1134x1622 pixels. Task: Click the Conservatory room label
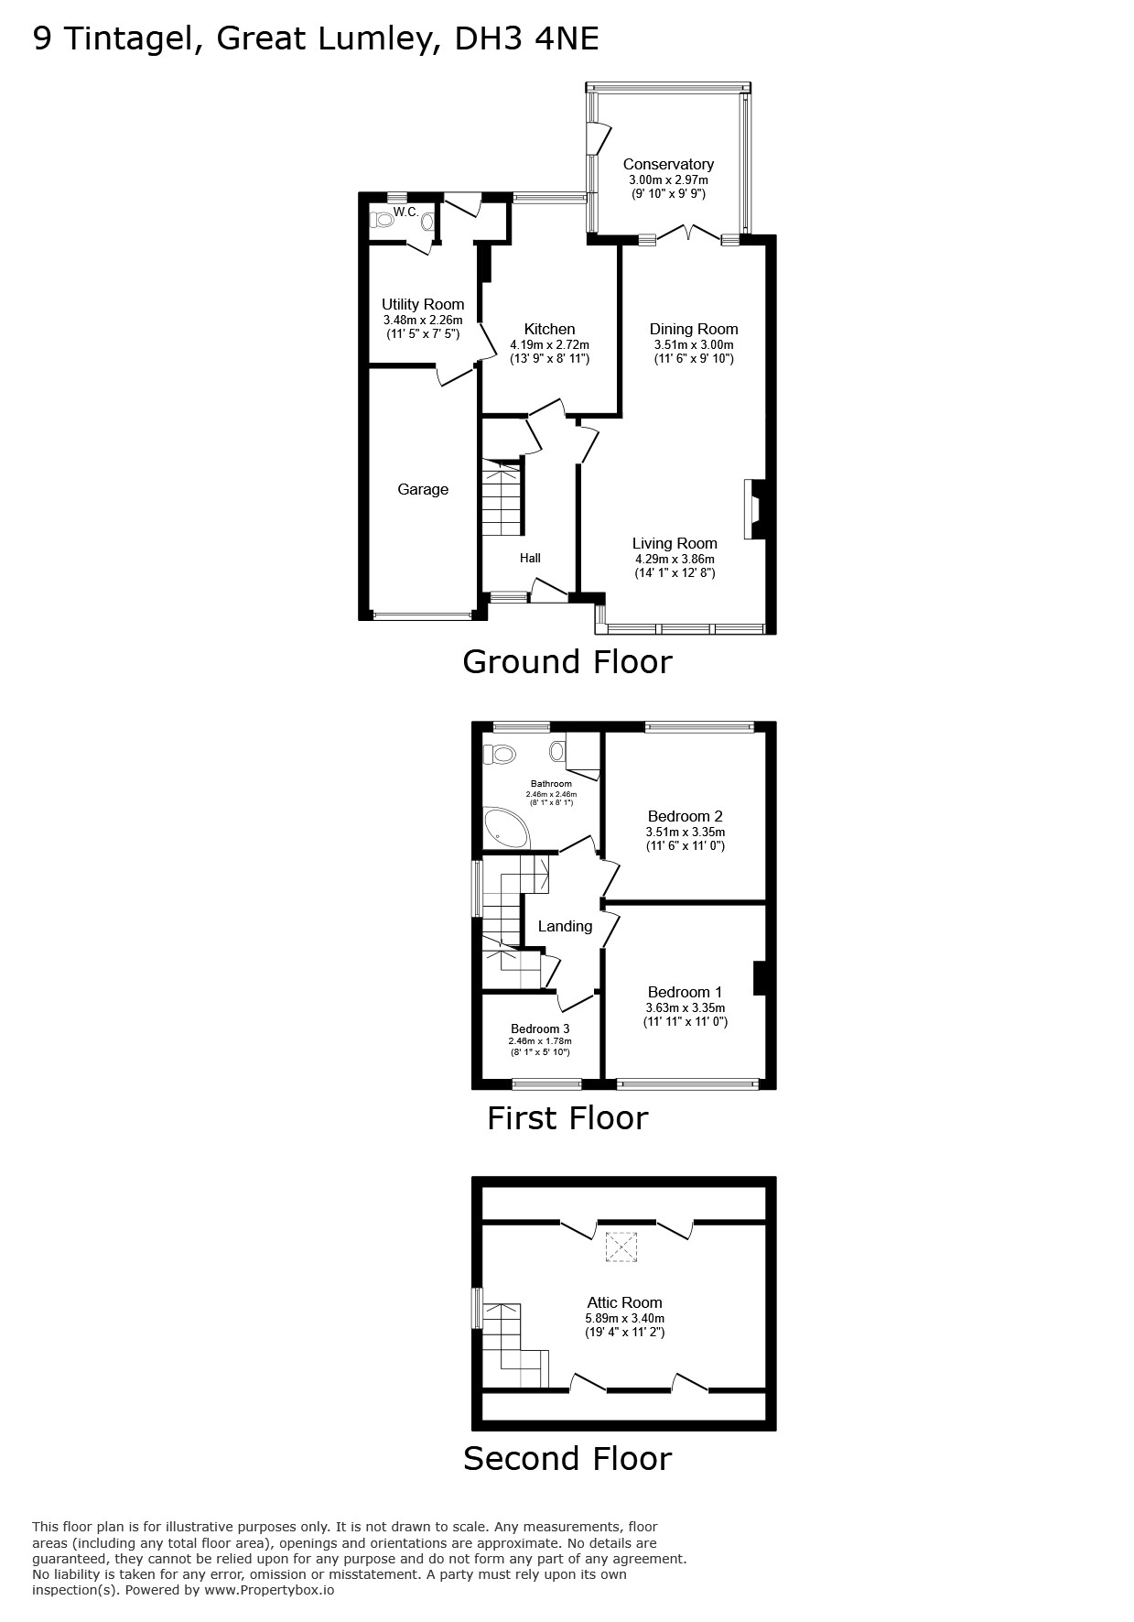[668, 164]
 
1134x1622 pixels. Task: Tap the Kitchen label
[549, 329]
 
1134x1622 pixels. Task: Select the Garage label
[423, 490]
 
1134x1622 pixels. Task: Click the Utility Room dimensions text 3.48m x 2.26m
[423, 321]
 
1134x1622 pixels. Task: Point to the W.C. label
[405, 212]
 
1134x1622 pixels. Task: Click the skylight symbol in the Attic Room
[621, 1246]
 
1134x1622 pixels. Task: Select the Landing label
[565, 926]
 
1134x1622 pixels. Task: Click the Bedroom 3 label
[540, 1029]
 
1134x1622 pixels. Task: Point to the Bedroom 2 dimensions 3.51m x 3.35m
[686, 833]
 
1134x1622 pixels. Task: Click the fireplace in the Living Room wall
[754, 509]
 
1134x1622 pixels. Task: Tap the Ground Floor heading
[567, 661]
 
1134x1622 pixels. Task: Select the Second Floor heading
[567, 1458]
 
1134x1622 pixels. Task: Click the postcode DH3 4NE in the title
[527, 38]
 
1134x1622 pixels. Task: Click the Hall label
[530, 558]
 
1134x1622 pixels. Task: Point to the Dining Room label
[694, 329]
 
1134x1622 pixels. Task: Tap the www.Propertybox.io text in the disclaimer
[269, 1590]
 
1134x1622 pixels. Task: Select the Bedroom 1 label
[685, 992]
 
